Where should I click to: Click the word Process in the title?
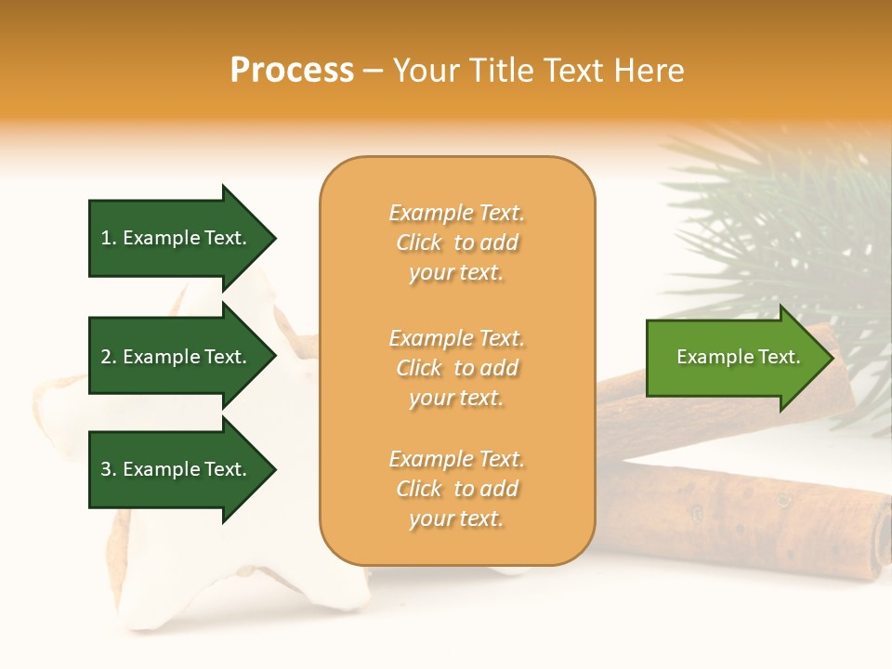point(292,71)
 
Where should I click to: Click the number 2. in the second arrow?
point(109,357)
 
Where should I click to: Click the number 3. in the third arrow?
point(109,469)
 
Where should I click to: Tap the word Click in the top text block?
point(420,243)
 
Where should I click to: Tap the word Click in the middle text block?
point(420,368)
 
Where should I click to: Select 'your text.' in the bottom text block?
point(456,519)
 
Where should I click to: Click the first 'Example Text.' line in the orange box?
point(456,213)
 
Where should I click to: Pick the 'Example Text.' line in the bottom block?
point(456,459)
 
